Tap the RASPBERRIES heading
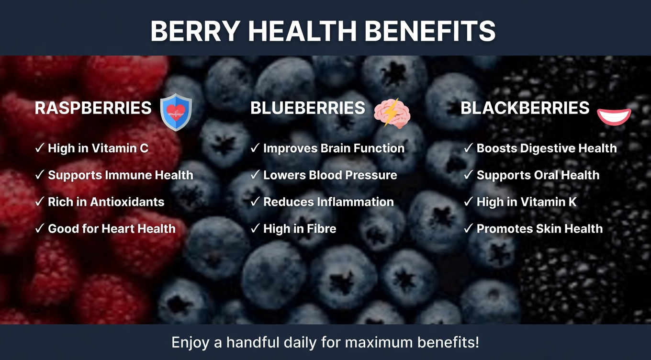(93, 108)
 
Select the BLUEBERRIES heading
(307, 108)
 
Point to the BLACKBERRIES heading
(525, 108)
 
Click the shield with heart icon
(176, 112)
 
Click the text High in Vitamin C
(98, 148)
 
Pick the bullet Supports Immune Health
(120, 175)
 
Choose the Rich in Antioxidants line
(106, 202)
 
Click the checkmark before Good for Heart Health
(40, 229)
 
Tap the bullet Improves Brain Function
(334, 148)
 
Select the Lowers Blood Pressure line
(330, 175)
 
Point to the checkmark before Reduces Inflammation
(255, 202)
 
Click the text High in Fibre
(300, 229)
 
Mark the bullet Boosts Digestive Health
(546, 148)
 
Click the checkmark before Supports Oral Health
(468, 175)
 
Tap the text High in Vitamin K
(527, 202)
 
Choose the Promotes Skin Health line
(539, 229)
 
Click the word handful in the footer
(253, 343)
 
